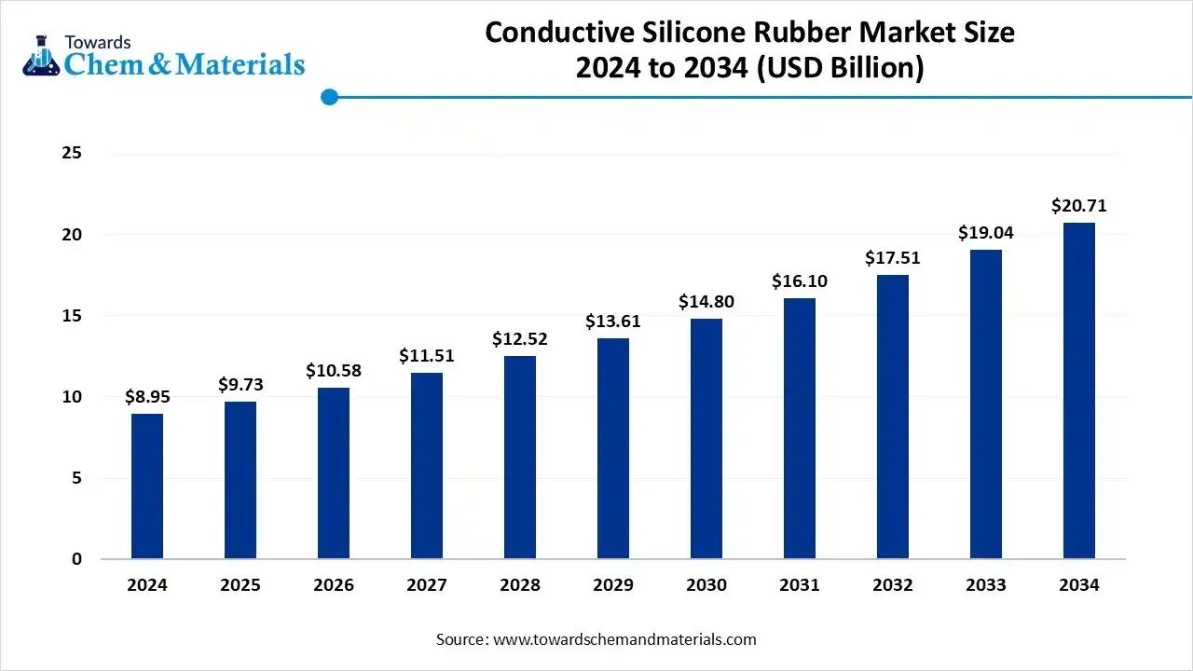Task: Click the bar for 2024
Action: [x=147, y=486]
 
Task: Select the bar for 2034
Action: [x=1079, y=391]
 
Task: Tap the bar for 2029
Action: [x=613, y=448]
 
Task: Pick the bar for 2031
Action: [x=800, y=429]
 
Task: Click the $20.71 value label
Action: [x=1079, y=206]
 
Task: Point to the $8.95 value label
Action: [x=147, y=397]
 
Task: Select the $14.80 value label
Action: [x=706, y=302]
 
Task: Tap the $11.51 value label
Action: [x=427, y=355]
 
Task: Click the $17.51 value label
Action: [x=893, y=257]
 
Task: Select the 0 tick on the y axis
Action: [x=77, y=559]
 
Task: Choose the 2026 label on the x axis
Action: [x=334, y=585]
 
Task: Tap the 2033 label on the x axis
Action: [x=986, y=585]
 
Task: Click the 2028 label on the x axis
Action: [x=520, y=585]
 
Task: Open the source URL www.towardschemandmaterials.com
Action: [x=624, y=639]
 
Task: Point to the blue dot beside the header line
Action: [x=328, y=97]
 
